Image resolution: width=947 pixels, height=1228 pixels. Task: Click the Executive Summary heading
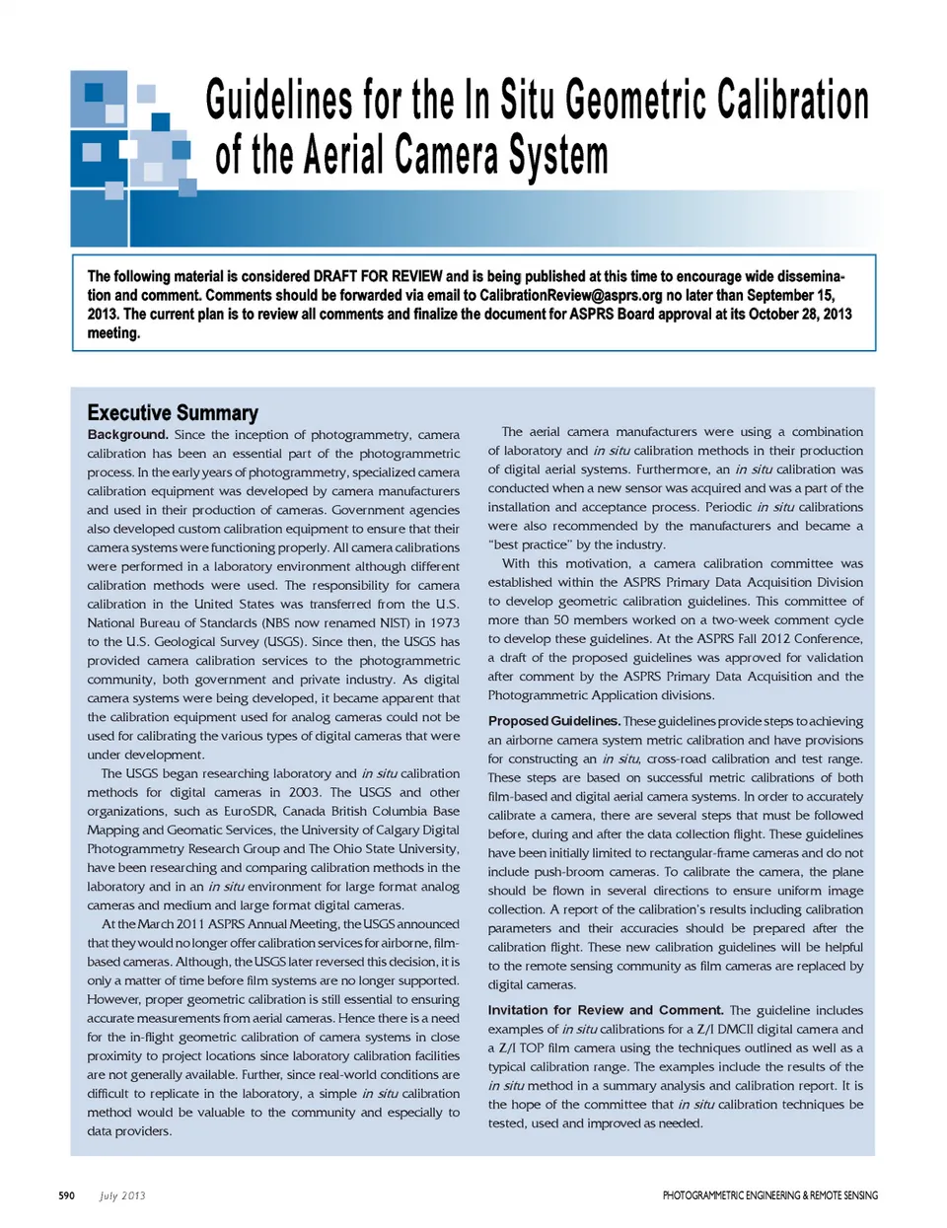point(173,412)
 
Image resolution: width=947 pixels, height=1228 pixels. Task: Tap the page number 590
point(66,1195)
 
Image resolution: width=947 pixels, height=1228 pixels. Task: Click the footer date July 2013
point(122,1195)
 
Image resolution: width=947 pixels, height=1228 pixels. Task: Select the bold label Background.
point(127,434)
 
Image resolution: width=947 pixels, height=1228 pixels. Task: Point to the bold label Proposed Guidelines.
point(553,721)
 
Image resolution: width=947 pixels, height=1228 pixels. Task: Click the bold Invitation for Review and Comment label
point(606,1010)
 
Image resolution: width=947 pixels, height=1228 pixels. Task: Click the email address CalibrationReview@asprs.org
point(570,295)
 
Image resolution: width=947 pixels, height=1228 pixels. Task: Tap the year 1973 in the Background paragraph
point(444,622)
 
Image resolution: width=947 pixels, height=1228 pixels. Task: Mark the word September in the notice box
point(779,295)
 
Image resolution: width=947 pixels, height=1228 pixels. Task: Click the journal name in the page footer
point(769,1195)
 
